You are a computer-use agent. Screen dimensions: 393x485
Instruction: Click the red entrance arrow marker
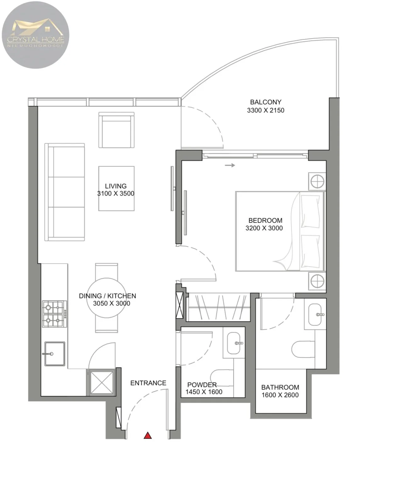point(148,435)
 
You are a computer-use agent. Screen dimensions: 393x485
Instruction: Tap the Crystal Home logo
point(36,35)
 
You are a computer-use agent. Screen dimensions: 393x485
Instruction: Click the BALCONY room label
point(266,102)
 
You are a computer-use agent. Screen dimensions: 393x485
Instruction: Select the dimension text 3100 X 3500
point(116,194)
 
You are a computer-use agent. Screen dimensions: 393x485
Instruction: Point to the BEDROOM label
point(265,220)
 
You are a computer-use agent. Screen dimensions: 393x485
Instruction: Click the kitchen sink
point(54,353)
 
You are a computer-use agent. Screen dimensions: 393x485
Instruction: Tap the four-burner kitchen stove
point(54,314)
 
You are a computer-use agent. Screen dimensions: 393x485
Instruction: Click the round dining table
point(106,298)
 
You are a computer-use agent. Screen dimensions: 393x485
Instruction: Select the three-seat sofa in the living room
point(65,192)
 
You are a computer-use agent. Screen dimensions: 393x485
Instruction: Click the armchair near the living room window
point(116,130)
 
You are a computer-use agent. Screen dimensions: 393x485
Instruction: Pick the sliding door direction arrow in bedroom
point(230,165)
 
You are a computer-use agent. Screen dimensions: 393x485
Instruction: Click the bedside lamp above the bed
point(317,181)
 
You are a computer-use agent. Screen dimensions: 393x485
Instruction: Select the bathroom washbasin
point(315,314)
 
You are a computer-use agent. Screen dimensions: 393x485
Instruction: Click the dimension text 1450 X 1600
point(204,392)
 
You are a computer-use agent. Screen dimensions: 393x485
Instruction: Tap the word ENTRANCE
point(148,383)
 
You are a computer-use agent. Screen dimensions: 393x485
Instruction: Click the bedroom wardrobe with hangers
point(218,307)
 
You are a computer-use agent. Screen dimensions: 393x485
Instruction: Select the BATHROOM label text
point(280,387)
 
